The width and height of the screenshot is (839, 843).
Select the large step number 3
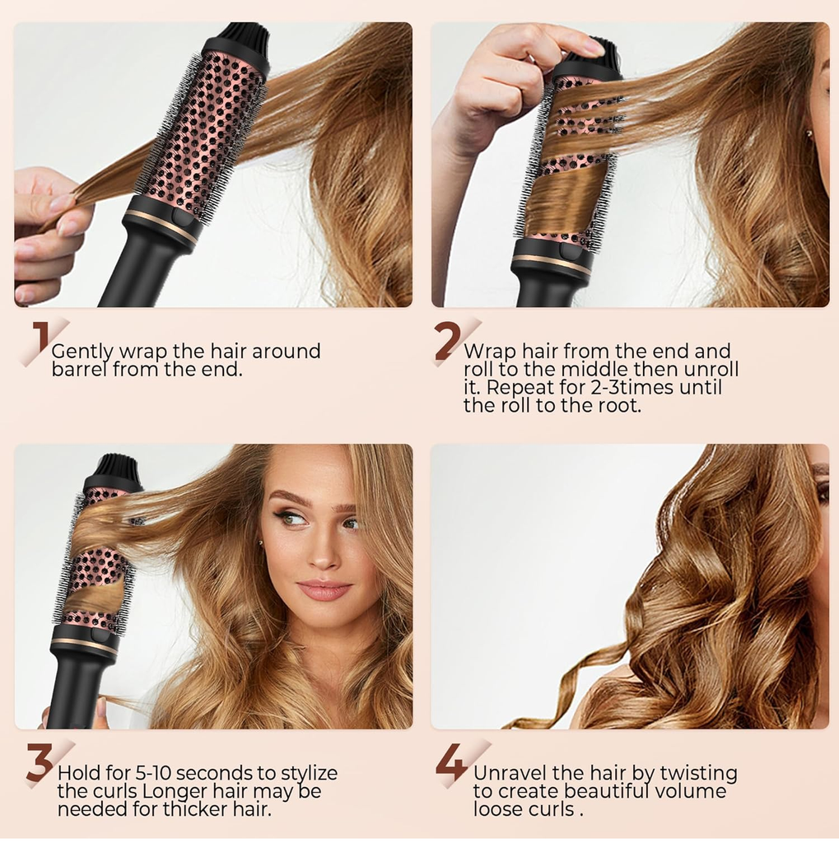(40, 761)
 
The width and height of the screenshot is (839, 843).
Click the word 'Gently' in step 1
(82, 352)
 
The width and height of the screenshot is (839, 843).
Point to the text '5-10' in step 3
(152, 773)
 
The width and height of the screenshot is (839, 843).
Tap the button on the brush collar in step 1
(180, 217)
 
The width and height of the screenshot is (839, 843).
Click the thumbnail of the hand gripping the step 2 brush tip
(592, 48)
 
